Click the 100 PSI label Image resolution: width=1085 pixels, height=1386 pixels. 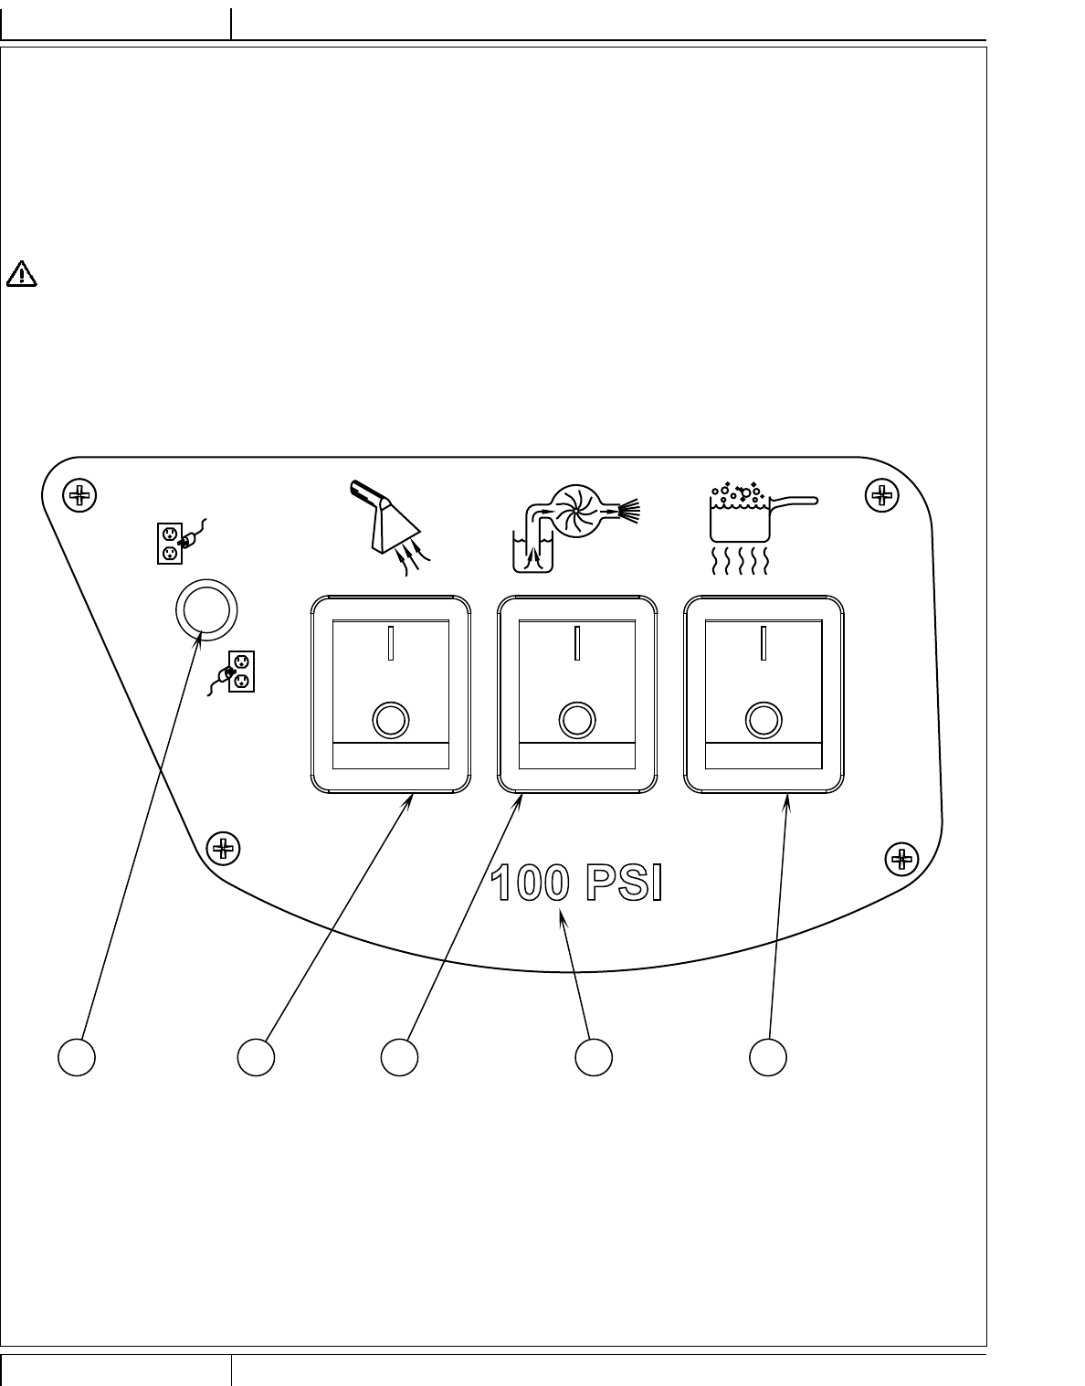pyautogui.click(x=575, y=884)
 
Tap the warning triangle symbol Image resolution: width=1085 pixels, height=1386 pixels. pyautogui.click(x=21, y=272)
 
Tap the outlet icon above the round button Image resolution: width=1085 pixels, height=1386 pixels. pyautogui.click(x=175, y=541)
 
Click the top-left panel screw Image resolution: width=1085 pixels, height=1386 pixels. pyautogui.click(x=79, y=496)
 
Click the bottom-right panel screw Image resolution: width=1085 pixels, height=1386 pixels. pyautogui.click(x=902, y=858)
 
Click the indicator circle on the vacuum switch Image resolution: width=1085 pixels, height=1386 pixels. pyautogui.click(x=390, y=720)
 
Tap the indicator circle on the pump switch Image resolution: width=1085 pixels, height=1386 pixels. pyautogui.click(x=575, y=720)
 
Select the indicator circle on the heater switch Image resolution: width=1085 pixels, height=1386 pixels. pyautogui.click(x=764, y=720)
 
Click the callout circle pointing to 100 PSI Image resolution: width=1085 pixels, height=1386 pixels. pyautogui.click(x=594, y=1056)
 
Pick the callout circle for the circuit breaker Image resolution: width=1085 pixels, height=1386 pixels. pyautogui.click(x=77, y=1056)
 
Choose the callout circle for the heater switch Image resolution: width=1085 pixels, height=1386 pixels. pyautogui.click(x=768, y=1056)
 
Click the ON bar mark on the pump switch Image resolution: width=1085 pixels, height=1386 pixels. pyautogui.click(x=577, y=642)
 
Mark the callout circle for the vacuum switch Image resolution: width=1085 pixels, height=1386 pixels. pyautogui.click(x=256, y=1056)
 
